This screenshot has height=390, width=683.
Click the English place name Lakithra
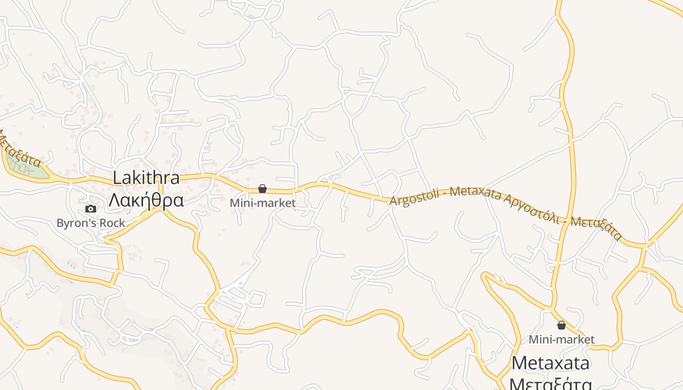pyautogui.click(x=146, y=178)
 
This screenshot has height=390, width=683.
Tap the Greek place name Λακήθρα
pyautogui.click(x=146, y=200)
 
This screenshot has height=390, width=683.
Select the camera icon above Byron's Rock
pyautogui.click(x=91, y=209)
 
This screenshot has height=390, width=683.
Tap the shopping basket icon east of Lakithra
pyautogui.click(x=262, y=189)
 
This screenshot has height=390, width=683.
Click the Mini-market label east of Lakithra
pyautogui.click(x=262, y=203)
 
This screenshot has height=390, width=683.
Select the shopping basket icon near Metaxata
pyautogui.click(x=562, y=325)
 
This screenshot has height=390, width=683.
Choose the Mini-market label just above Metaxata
pyautogui.click(x=562, y=339)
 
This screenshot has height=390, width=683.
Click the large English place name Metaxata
pyautogui.click(x=551, y=363)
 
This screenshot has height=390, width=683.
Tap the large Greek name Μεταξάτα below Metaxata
pyautogui.click(x=551, y=383)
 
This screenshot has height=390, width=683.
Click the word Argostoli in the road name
pyautogui.click(x=413, y=197)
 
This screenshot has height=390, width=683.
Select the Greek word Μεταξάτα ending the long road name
pyautogui.click(x=596, y=229)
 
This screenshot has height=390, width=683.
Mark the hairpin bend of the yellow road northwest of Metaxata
pyautogui.click(x=484, y=275)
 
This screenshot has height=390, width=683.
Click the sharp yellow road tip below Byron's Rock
pyautogui.click(x=106, y=239)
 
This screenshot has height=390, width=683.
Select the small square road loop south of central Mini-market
pyautogui.click(x=257, y=298)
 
